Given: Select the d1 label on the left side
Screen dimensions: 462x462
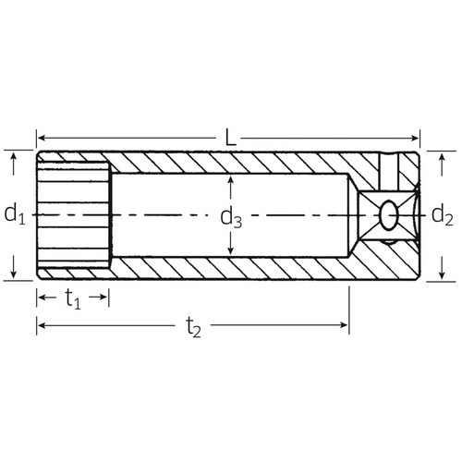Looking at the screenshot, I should (14, 215).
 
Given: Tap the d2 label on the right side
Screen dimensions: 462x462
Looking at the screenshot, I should (443, 215).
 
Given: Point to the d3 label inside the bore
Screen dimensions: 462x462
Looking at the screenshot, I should (231, 218).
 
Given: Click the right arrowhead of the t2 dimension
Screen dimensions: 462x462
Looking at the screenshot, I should (344, 325).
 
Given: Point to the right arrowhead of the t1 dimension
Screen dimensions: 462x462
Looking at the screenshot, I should (105, 298).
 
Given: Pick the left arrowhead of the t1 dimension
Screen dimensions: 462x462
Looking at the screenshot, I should (42, 298).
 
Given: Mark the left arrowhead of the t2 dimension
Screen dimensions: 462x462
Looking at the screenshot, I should (42, 325).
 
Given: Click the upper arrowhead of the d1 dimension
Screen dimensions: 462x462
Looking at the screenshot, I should (14, 158).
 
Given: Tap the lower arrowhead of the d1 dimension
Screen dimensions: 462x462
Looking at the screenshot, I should (14, 274).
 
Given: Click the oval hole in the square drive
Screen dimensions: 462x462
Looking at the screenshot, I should (389, 216).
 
